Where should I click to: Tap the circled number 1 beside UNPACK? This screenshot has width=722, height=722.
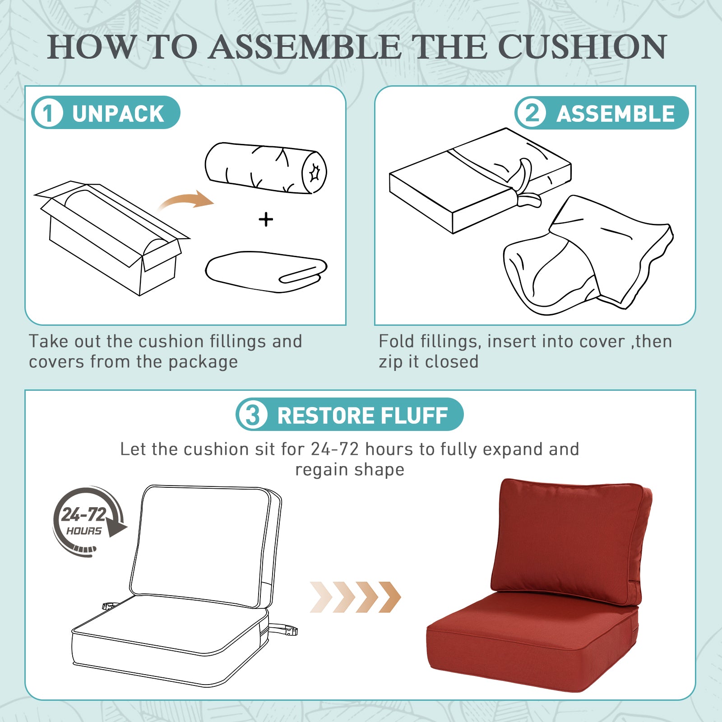click(x=47, y=113)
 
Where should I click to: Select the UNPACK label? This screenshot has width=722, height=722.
click(x=118, y=113)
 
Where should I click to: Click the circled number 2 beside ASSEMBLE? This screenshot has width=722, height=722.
click(x=532, y=113)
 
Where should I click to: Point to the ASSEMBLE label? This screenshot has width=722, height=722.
click(x=616, y=114)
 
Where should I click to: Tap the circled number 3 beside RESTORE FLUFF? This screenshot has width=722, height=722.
click(x=252, y=415)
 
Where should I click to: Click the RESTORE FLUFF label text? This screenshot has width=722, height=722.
click(x=362, y=416)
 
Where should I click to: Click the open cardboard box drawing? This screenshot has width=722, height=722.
click(x=112, y=238)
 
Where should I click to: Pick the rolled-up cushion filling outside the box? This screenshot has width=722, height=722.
click(x=266, y=168)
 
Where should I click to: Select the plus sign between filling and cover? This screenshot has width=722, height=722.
click(x=266, y=220)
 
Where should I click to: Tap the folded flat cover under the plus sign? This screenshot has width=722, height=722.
click(x=266, y=272)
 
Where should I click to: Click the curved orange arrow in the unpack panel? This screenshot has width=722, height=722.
click(x=186, y=200)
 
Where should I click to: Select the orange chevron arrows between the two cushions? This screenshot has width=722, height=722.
click(x=356, y=597)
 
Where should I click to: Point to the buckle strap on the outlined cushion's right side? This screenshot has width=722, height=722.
click(x=283, y=629)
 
